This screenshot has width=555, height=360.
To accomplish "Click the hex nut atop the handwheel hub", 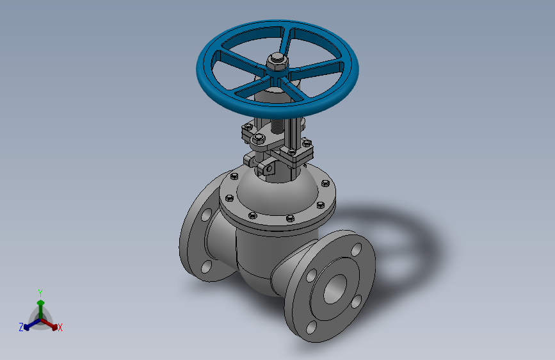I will [277, 61].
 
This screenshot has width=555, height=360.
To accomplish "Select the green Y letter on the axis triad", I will [40, 292].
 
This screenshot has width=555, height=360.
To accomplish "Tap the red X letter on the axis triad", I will [60, 328].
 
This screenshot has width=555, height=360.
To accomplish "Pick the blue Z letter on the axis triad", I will [21, 327].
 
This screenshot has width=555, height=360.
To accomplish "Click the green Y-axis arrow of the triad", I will [40, 304].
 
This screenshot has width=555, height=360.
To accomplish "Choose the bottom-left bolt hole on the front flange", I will [310, 327].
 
